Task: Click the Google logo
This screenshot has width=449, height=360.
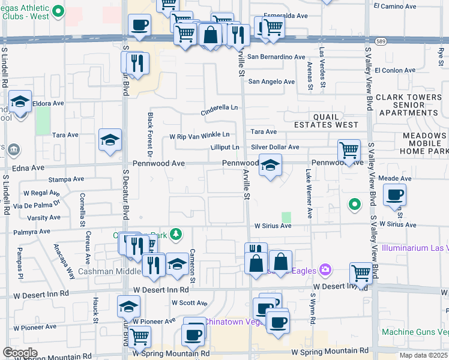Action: point(20,353)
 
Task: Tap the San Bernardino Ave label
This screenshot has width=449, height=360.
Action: point(277,57)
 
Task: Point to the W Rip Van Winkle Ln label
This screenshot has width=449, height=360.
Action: point(199,136)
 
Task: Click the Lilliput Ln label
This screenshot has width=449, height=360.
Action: point(225,147)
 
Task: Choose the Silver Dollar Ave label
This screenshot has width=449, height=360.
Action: point(275,147)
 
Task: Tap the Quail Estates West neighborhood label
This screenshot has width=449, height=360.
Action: point(326,121)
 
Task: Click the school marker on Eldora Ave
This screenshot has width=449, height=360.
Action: point(20,103)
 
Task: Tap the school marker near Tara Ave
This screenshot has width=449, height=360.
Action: point(110,140)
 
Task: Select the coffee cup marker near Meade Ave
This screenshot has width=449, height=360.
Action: point(394,195)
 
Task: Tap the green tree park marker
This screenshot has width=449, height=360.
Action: point(176,234)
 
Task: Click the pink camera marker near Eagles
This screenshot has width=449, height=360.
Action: point(325,271)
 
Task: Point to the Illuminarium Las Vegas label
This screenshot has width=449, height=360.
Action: point(415,248)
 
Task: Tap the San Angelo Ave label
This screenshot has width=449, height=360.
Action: point(271,82)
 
